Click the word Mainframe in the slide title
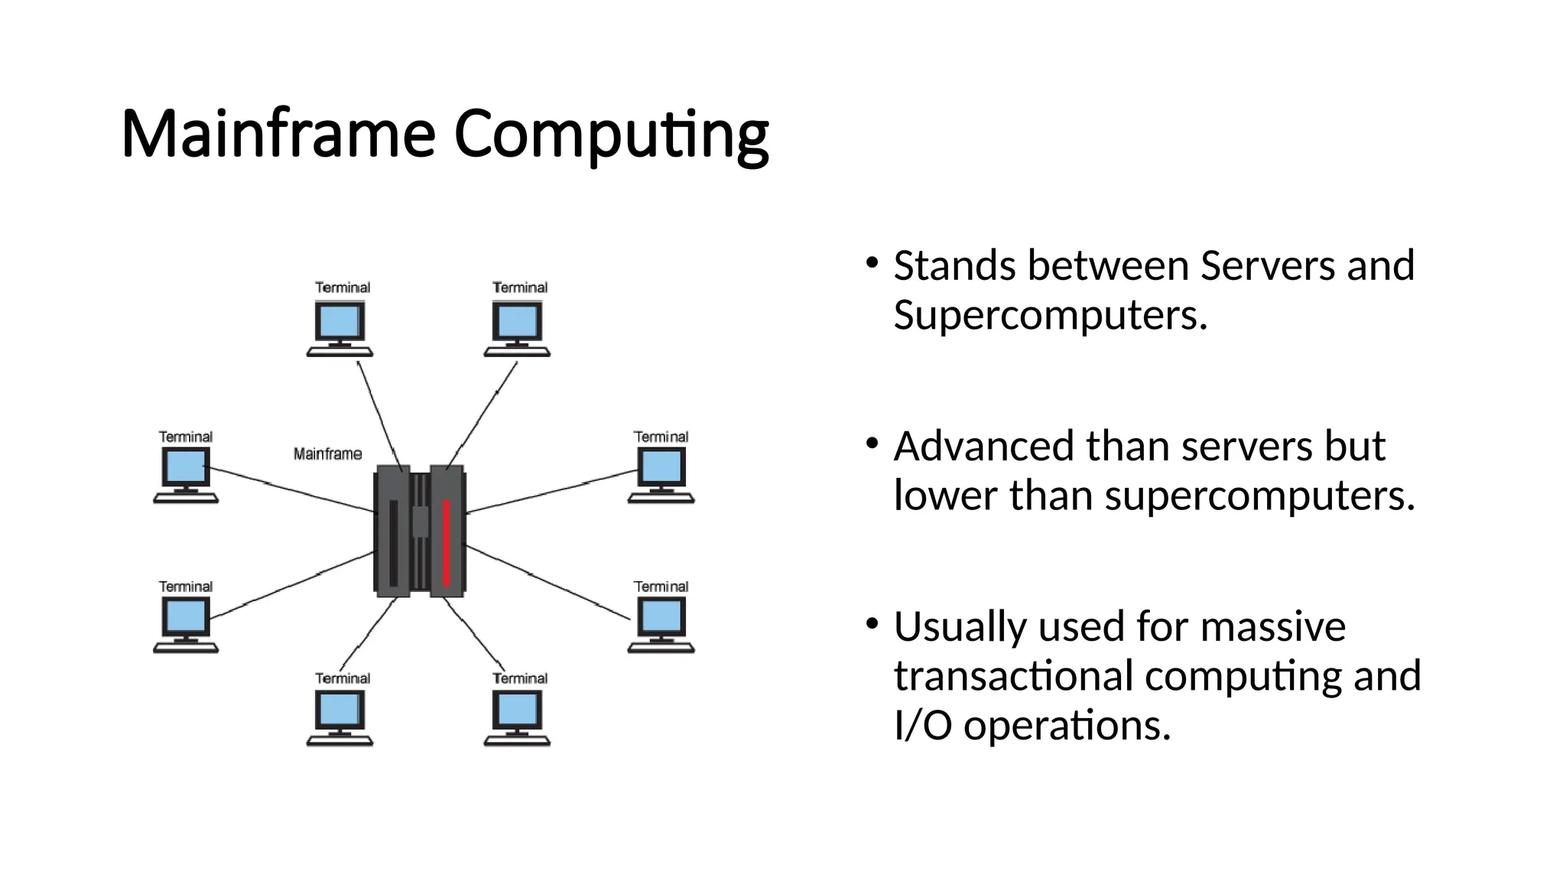[278, 134]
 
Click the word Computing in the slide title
[611, 135]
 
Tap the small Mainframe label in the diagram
[327, 454]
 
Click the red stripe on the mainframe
[447, 542]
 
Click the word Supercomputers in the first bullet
[1049, 316]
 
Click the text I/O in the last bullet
[923, 725]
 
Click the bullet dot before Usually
[872, 624]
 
